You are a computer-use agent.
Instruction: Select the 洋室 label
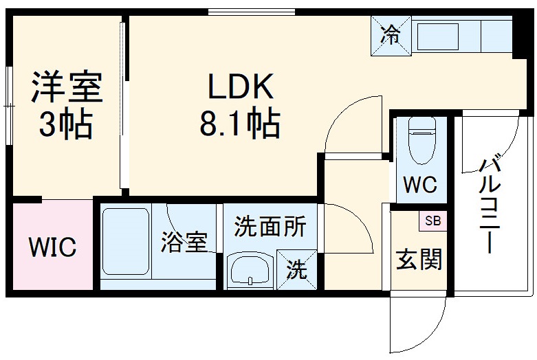click(66, 87)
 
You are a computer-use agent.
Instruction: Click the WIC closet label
click(52, 247)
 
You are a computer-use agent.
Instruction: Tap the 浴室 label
click(184, 244)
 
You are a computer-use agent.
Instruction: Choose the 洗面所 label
click(270, 227)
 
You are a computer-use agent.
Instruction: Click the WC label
click(420, 185)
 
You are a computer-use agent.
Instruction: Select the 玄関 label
click(418, 260)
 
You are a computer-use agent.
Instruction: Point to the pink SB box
click(432, 221)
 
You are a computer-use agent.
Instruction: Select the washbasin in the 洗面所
click(250, 269)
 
